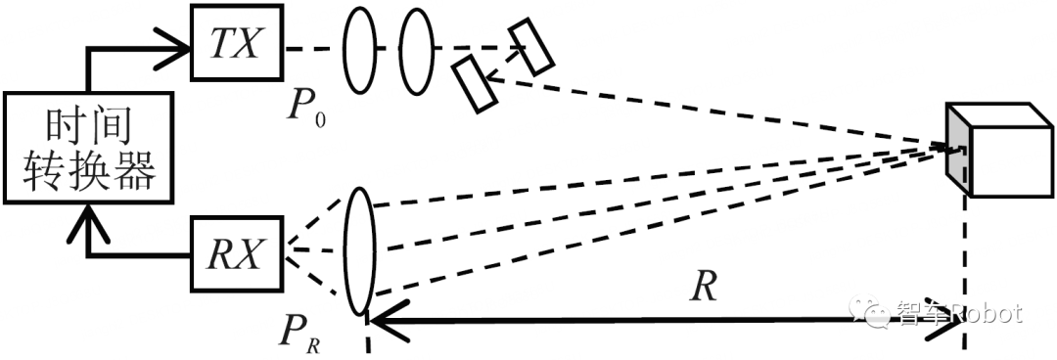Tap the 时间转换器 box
[x=87, y=148]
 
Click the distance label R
[x=702, y=286]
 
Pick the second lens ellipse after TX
[x=415, y=49]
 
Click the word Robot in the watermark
[x=983, y=314]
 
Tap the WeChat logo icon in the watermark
[x=874, y=313]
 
